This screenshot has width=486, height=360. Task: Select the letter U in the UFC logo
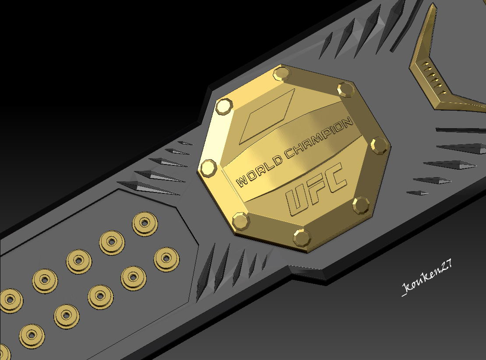(298, 202)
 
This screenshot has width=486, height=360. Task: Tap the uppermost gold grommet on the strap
(145, 223)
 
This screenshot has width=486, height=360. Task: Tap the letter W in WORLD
(241, 181)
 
